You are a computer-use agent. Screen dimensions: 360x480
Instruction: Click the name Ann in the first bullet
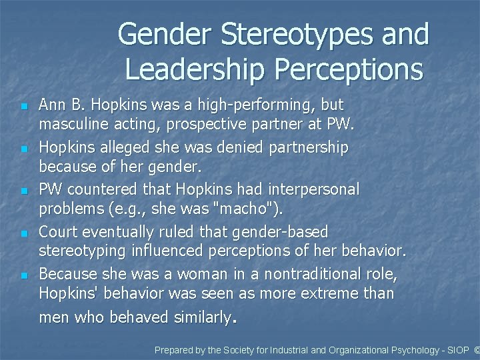coord(51,105)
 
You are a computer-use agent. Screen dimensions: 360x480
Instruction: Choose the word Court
coord(60,232)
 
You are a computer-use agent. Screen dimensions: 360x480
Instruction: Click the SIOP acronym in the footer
coord(456,349)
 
